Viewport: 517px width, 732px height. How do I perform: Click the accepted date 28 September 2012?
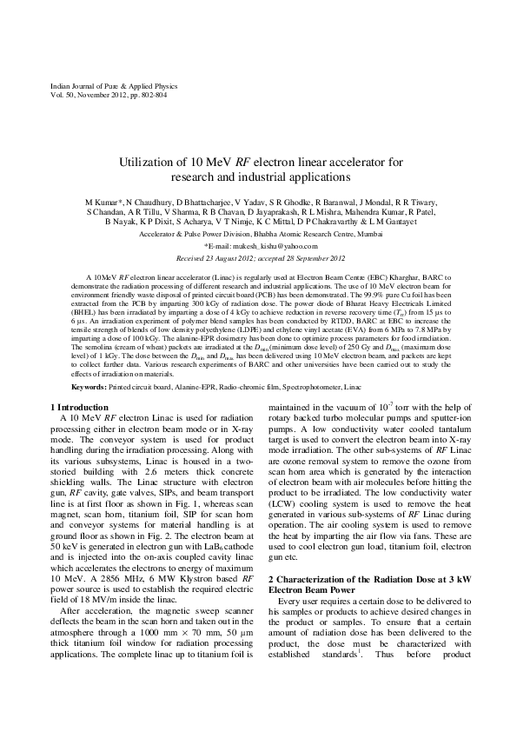pyautogui.click(x=307, y=257)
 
